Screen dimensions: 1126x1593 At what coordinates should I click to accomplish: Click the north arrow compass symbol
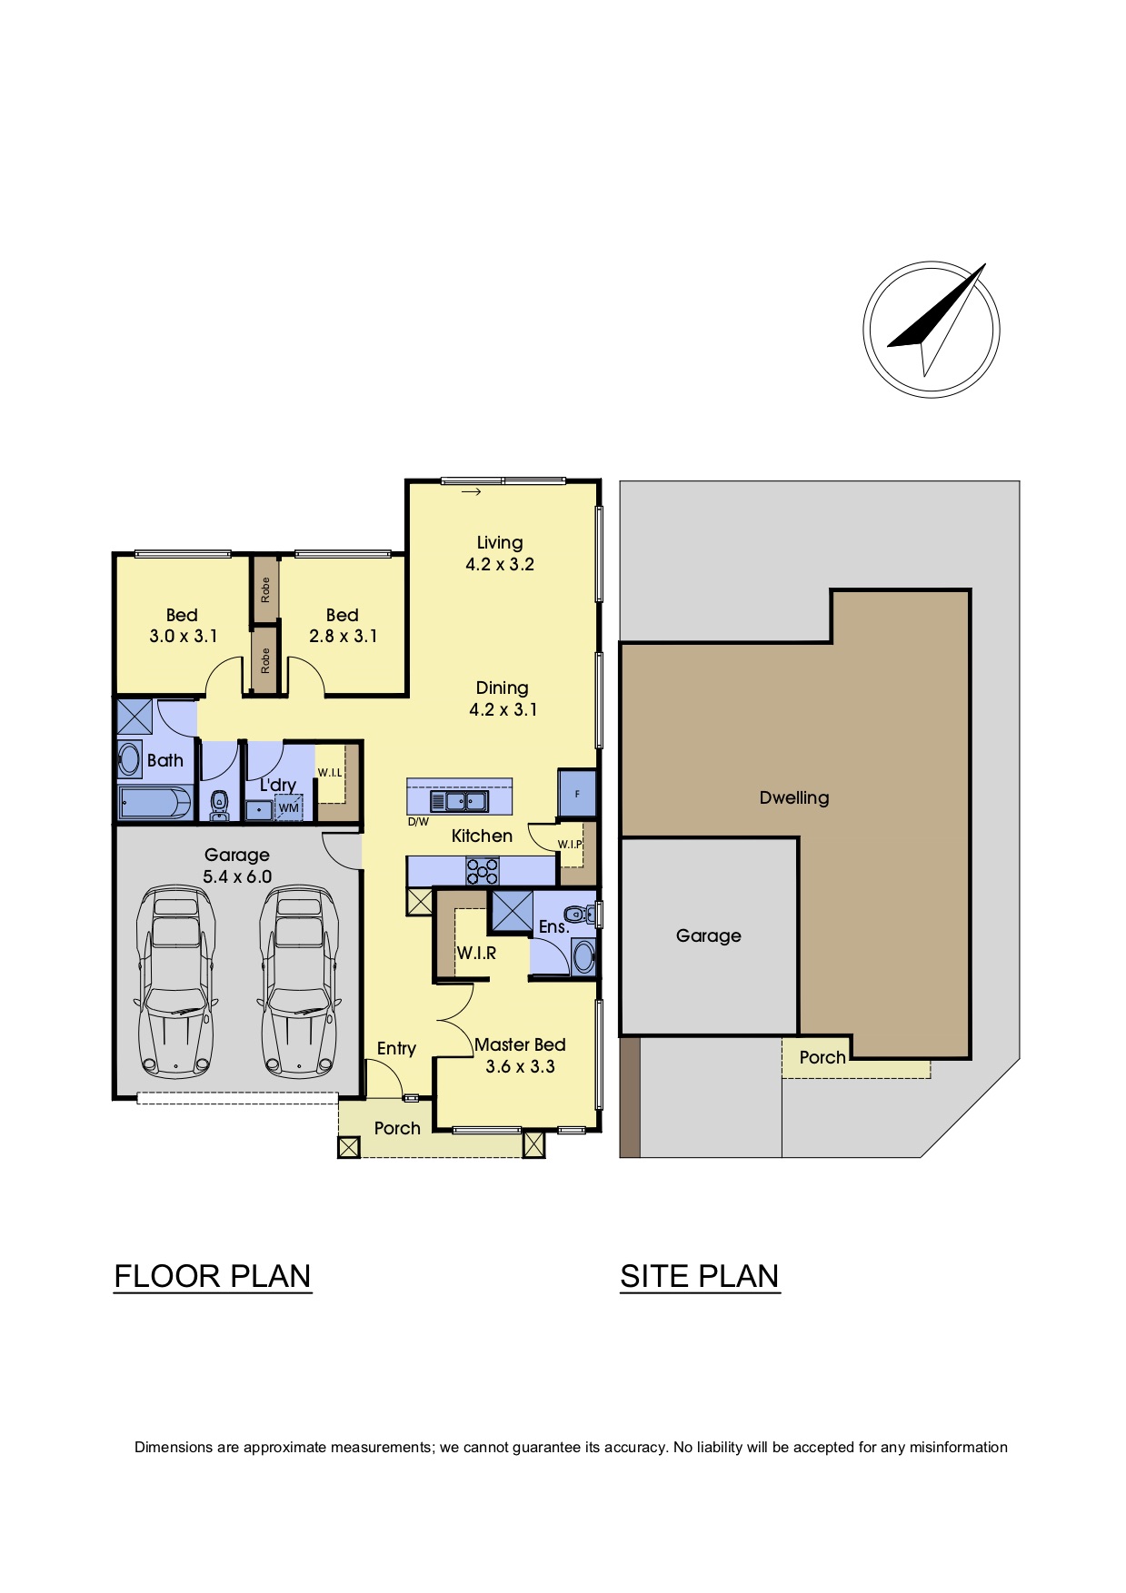pyautogui.click(x=932, y=330)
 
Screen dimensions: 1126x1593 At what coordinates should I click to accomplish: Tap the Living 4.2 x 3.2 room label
pyautogui.click(x=500, y=553)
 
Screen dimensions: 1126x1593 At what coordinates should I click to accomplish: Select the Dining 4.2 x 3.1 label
pyautogui.click(x=503, y=698)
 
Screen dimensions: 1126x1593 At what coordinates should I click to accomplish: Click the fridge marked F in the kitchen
pyautogui.click(x=577, y=794)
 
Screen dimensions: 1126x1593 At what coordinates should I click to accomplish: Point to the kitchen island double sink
pyautogui.click(x=459, y=801)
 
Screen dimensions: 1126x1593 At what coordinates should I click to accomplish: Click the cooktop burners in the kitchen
pyautogui.click(x=482, y=871)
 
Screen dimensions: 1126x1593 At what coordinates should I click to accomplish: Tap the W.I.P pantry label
pyautogui.click(x=570, y=844)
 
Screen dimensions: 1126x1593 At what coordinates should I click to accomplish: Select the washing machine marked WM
pyautogui.click(x=288, y=807)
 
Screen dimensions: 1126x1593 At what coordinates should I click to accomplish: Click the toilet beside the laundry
pyautogui.click(x=218, y=804)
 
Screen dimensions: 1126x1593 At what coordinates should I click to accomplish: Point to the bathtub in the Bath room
pyautogui.click(x=155, y=803)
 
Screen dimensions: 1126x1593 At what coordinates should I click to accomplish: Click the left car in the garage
pyautogui.click(x=175, y=982)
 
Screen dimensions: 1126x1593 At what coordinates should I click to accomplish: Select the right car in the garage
pyautogui.click(x=299, y=982)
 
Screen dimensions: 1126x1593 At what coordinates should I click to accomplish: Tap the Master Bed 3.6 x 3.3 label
pyautogui.click(x=520, y=1055)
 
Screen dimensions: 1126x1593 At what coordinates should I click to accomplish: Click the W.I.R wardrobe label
pyautogui.click(x=476, y=953)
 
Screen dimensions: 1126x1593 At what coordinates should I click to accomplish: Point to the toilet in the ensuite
pyautogui.click(x=578, y=914)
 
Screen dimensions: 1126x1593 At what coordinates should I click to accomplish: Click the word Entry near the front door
pyautogui.click(x=396, y=1049)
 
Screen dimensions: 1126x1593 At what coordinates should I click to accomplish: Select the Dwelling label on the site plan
pyautogui.click(x=794, y=797)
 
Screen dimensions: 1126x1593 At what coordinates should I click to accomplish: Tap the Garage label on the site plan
pyautogui.click(x=709, y=935)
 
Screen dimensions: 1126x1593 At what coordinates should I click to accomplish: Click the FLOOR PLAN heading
pyautogui.click(x=213, y=1276)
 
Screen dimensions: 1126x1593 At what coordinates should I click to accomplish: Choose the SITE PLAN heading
pyautogui.click(x=700, y=1276)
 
